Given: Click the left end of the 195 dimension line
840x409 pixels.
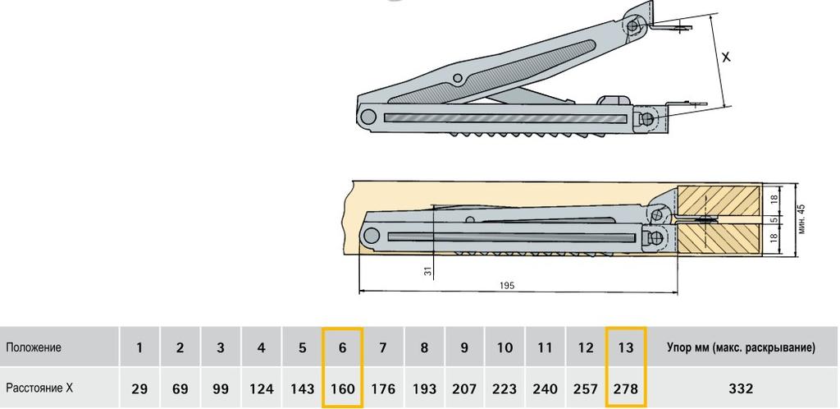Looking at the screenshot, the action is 359,292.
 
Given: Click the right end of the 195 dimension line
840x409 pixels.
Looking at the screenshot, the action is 678,292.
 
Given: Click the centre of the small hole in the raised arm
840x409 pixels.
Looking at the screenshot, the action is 458,78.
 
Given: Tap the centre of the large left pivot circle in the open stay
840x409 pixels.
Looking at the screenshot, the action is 367,117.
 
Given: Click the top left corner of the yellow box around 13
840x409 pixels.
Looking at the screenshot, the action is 606,327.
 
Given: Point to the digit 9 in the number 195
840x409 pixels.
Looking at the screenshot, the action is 506,286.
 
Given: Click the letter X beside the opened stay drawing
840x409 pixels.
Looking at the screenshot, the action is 726,57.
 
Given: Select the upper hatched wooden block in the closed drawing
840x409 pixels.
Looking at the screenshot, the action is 719,200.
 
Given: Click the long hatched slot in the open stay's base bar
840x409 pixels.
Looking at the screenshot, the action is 505,118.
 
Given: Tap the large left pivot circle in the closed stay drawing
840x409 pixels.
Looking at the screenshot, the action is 371,234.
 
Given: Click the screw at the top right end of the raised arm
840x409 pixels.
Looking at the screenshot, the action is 634,25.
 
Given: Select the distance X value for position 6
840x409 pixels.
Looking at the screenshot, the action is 342,388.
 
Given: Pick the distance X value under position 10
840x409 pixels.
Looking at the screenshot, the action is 504,388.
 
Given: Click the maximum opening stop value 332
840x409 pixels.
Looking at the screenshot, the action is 741,388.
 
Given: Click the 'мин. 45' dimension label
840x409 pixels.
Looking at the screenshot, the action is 801,218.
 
